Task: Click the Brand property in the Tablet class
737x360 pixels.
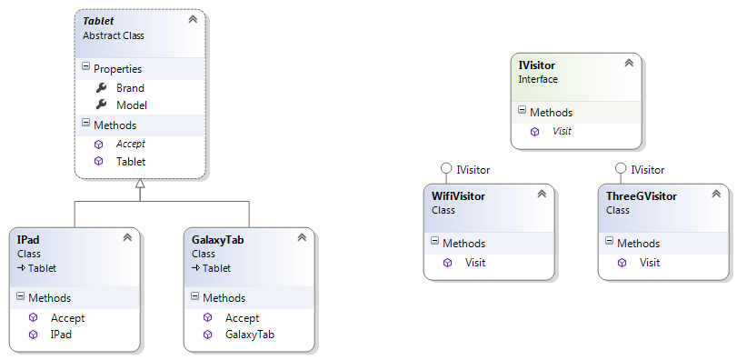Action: (130, 88)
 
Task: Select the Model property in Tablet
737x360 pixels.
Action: (131, 105)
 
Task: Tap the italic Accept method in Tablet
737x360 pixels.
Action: (130, 144)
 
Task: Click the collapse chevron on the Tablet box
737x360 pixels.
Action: (192, 19)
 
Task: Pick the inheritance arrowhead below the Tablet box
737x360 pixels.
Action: (139, 184)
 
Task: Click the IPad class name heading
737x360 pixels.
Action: (28, 239)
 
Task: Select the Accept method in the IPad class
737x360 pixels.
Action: (67, 318)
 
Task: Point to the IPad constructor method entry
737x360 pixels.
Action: (62, 335)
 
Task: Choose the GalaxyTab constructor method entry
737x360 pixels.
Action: (249, 335)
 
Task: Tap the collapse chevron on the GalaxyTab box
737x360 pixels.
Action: (302, 238)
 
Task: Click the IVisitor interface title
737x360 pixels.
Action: (536, 65)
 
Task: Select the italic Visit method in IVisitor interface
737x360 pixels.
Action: (562, 131)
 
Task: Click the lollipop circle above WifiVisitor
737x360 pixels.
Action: (445, 169)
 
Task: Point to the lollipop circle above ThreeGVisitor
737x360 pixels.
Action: (620, 169)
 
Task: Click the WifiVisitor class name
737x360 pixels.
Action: (458, 195)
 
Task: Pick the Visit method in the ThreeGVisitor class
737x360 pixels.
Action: (650, 263)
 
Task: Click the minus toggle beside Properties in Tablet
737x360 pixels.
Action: (85, 67)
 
